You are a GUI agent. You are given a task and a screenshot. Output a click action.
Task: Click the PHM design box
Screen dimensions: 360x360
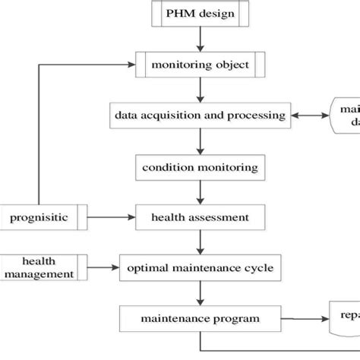(x=201, y=14)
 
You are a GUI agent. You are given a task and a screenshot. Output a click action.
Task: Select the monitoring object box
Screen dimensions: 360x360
(x=201, y=65)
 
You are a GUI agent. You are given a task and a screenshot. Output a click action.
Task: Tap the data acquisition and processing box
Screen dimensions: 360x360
(x=200, y=115)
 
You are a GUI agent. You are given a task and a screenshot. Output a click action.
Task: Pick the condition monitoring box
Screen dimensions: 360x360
(x=200, y=166)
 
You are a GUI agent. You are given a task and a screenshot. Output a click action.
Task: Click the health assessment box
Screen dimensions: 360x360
(x=200, y=217)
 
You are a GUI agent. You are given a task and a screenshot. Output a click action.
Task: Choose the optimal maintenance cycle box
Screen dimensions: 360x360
(x=200, y=267)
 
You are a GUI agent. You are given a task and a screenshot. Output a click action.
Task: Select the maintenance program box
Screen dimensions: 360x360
(x=200, y=317)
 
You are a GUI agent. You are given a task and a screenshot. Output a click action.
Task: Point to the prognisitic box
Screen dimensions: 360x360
(x=43, y=217)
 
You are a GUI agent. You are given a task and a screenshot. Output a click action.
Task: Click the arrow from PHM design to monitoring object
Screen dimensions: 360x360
(x=201, y=38)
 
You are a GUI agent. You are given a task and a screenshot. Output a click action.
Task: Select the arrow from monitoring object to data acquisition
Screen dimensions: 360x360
(x=201, y=90)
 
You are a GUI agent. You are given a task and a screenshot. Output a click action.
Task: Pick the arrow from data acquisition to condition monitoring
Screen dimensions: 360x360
(x=201, y=141)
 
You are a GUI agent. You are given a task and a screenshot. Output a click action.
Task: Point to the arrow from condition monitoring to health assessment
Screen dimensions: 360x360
(x=201, y=191)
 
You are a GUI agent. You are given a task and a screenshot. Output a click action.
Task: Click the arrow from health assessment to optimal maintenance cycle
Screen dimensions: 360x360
(x=201, y=242)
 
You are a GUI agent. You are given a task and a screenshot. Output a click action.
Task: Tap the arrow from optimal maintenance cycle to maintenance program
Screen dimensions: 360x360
(x=201, y=292)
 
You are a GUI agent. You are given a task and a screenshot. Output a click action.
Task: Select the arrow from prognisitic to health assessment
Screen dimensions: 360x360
(x=112, y=217)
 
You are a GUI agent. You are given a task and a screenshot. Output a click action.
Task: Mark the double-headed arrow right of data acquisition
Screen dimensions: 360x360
(x=309, y=115)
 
